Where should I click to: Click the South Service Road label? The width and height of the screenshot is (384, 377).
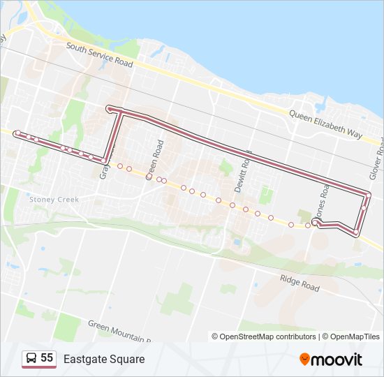coord(99,55)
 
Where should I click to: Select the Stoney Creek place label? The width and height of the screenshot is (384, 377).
coord(54,199)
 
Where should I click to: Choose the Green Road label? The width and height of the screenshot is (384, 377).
coord(154,161)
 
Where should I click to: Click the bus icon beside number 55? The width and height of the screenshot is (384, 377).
coord(31,359)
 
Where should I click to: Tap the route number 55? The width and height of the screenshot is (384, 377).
coord(47,358)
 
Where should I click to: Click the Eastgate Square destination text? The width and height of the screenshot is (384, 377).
coord(104,359)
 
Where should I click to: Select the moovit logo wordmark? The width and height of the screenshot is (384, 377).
coord(337,360)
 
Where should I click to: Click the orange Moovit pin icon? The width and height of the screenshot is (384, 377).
coord(304,359)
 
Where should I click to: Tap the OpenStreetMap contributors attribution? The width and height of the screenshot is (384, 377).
coord(264,337)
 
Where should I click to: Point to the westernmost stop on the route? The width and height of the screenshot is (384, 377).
coord(17,133)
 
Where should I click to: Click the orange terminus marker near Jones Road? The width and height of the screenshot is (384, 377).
coord(316,224)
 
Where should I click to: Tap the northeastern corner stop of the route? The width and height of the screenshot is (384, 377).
coord(367,193)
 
